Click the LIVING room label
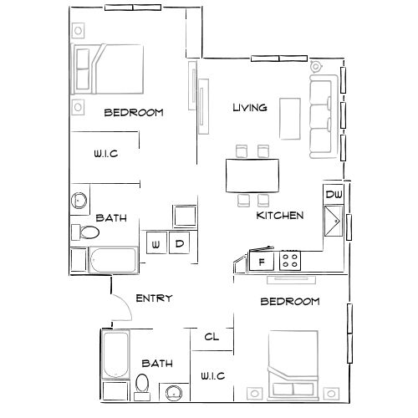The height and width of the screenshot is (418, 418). tap(249, 107)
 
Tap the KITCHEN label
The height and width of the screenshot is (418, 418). tap(279, 215)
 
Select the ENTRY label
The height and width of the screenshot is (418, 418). tap(154, 298)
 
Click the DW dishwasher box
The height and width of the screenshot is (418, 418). tap(334, 195)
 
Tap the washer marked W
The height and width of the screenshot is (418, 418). tap(155, 244)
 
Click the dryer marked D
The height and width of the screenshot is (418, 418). tap(179, 244)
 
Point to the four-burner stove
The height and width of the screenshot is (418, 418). tap(291, 261)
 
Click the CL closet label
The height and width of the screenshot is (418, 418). tap(212, 337)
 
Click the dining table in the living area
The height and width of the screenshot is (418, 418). tap(252, 176)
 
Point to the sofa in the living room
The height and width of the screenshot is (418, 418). tap(321, 117)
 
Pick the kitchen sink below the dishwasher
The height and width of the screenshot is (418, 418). tap(333, 222)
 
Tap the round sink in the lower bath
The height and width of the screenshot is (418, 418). tap(175, 393)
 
